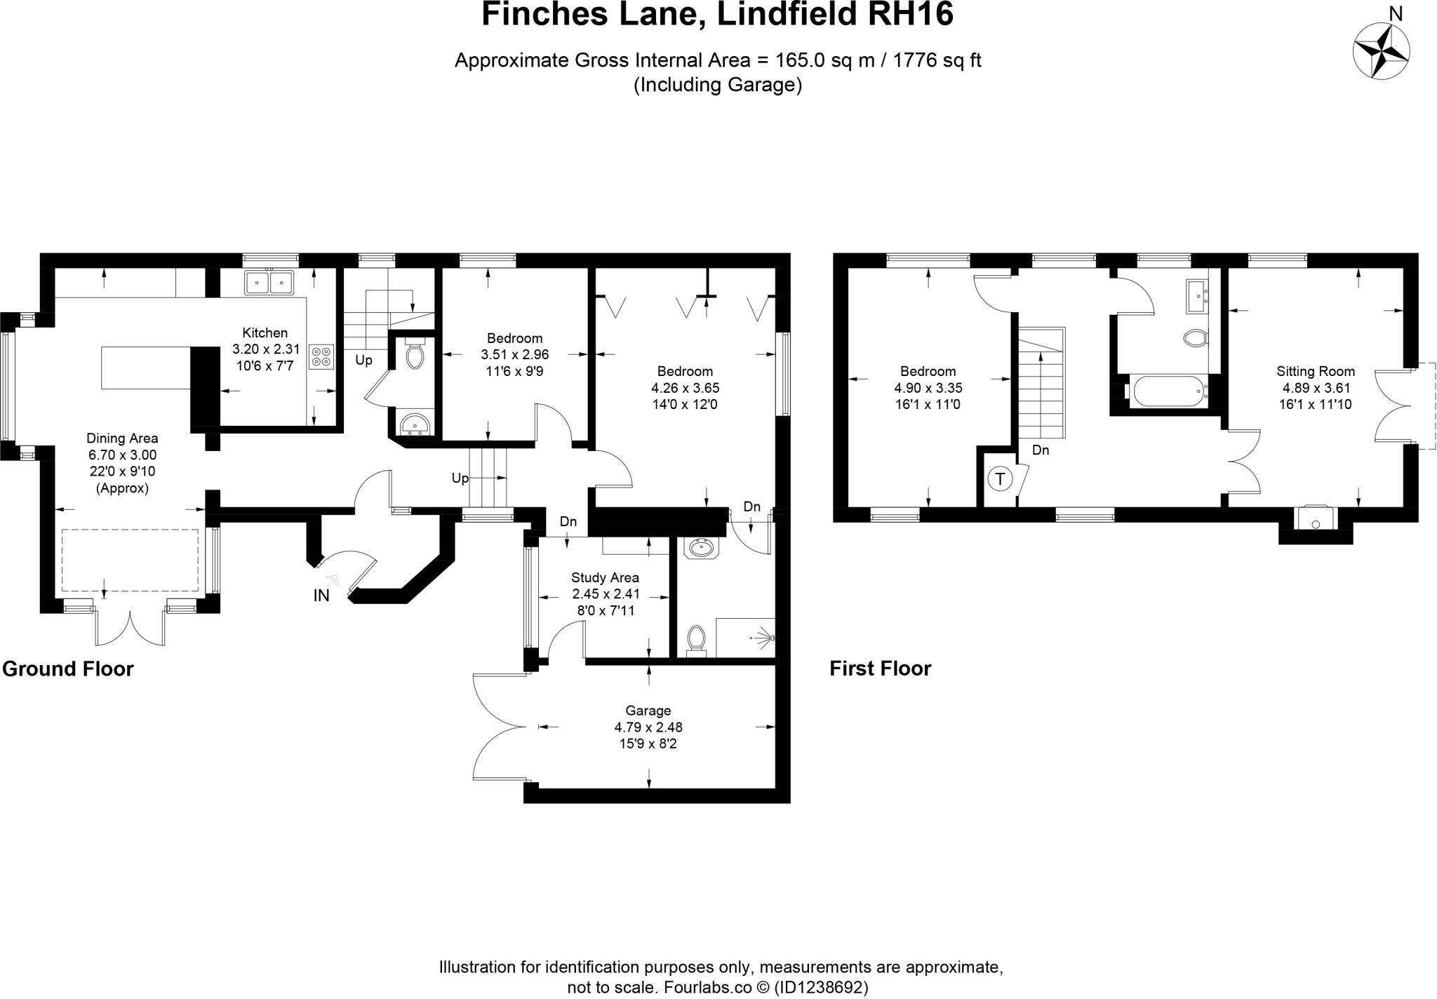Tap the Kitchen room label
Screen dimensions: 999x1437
[x=265, y=333]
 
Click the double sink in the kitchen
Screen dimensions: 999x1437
[x=269, y=283]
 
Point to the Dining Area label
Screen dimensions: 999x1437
[x=122, y=438]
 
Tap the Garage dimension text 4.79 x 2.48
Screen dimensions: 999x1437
[x=648, y=728]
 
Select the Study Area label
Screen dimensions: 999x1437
[x=605, y=577]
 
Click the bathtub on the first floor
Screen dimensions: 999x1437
[x=1166, y=391]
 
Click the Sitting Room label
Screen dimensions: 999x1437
[x=1315, y=371]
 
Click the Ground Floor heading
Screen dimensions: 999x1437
[x=68, y=669]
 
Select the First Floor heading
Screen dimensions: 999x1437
[x=880, y=669]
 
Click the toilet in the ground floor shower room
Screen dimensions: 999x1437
[x=696, y=640]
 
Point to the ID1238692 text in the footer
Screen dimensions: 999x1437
[x=821, y=987]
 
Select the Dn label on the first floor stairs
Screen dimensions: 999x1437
[x=1041, y=450]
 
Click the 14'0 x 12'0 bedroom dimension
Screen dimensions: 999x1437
[x=684, y=404]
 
